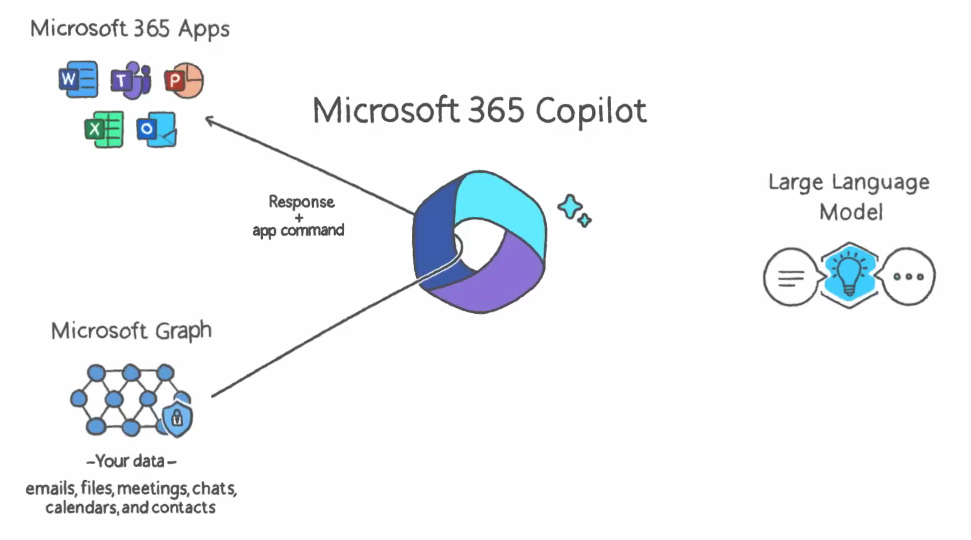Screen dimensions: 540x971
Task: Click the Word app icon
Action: tap(78, 79)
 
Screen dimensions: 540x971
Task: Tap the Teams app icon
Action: tap(131, 80)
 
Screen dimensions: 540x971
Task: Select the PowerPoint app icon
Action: tap(184, 80)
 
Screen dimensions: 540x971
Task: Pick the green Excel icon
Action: tap(104, 129)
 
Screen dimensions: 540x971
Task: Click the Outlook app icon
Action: tap(157, 129)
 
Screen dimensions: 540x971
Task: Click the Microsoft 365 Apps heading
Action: tap(130, 29)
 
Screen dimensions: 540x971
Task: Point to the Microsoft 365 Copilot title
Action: tap(480, 111)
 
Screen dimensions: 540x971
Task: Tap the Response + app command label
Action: tap(299, 216)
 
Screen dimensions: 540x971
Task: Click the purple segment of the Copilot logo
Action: tap(497, 277)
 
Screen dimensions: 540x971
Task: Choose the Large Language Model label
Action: tap(849, 196)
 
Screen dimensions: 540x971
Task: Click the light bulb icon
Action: tap(849, 274)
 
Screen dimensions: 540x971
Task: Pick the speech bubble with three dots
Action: tap(908, 277)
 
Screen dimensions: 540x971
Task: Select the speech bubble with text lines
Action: tap(791, 277)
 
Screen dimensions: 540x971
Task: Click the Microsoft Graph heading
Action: tap(131, 331)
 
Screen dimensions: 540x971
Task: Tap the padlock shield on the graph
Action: tap(177, 418)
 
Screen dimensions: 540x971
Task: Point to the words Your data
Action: tap(131, 461)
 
